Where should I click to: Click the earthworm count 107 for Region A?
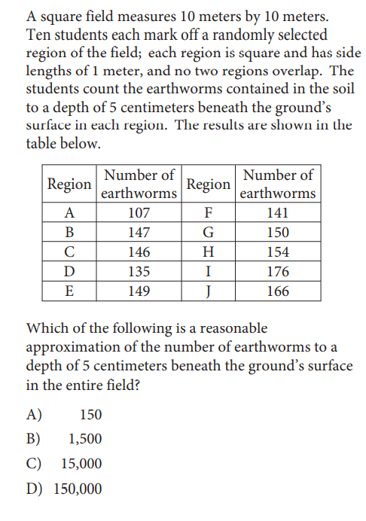tap(139, 212)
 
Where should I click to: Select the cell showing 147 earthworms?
tap(139, 232)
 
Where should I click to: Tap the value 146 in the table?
tap(139, 251)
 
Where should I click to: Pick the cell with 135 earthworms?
tap(139, 271)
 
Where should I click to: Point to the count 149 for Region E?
tap(139, 291)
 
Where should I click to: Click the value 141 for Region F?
tap(278, 212)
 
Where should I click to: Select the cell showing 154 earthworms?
tap(278, 251)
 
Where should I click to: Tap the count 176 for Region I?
tap(278, 271)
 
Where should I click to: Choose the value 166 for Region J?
tap(278, 291)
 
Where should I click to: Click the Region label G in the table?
tap(209, 232)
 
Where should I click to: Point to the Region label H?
tap(209, 251)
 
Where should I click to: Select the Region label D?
tap(70, 271)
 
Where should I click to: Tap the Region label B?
tap(70, 232)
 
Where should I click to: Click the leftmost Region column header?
tap(70, 184)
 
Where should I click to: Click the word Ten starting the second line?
tap(38, 35)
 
